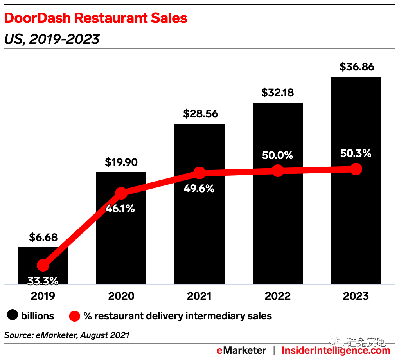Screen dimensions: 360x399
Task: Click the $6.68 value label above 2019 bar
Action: point(43,237)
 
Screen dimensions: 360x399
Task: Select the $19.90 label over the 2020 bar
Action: point(121,162)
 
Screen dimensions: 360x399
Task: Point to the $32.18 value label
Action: point(278,93)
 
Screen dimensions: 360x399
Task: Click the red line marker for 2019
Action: point(43,266)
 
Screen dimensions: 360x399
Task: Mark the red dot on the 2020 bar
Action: point(121,193)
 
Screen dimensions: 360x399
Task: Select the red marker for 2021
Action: point(199,173)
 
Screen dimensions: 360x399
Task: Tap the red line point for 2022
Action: point(278,171)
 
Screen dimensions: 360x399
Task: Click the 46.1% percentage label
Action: point(120,209)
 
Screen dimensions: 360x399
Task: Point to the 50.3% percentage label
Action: point(356,153)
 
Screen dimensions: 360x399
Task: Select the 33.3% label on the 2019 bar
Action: point(43,281)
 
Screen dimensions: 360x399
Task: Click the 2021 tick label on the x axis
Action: point(199,296)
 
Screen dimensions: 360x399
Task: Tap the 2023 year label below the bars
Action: point(356,296)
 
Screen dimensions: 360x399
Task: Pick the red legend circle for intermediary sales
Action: point(75,316)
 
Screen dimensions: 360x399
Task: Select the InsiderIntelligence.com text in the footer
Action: point(336,350)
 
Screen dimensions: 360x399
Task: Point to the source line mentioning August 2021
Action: point(66,335)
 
